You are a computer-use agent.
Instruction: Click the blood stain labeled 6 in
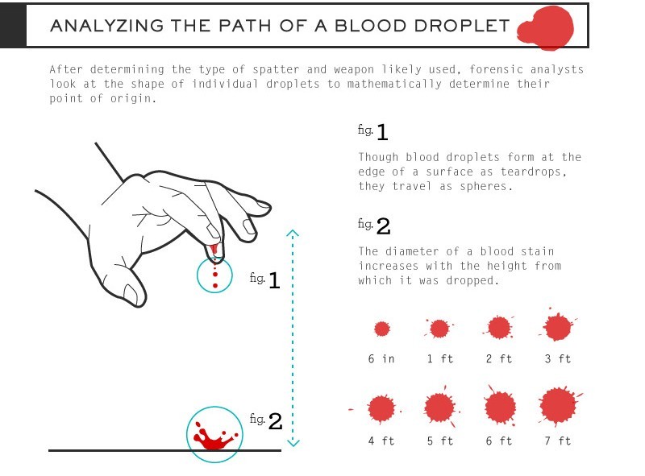(x=381, y=329)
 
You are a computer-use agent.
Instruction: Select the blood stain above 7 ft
(x=559, y=406)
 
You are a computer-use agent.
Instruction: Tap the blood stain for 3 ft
(x=557, y=327)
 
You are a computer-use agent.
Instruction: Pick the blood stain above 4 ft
(x=381, y=409)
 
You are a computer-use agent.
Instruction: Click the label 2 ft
(x=499, y=359)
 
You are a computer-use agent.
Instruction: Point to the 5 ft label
(x=440, y=441)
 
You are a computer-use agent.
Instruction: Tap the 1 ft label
(x=440, y=359)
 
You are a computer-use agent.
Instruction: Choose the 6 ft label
(x=499, y=441)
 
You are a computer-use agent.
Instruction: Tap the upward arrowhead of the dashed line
(x=293, y=233)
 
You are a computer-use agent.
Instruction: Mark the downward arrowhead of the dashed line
(x=293, y=443)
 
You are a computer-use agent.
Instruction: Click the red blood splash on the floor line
(x=214, y=437)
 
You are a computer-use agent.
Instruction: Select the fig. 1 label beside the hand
(x=265, y=279)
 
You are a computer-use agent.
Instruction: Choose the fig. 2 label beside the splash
(x=266, y=420)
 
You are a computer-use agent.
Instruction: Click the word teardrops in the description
(x=534, y=172)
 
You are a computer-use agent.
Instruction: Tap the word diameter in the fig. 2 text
(x=413, y=251)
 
